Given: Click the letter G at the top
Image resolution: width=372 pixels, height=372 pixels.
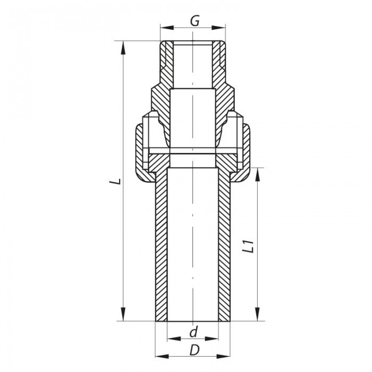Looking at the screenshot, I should coord(194,22).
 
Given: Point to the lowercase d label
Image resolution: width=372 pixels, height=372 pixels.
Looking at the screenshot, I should coord(193,333).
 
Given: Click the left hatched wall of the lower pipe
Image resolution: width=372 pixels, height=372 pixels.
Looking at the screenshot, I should coord(161,244).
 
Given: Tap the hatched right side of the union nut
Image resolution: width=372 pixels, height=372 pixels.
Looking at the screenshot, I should coord(246,151).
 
